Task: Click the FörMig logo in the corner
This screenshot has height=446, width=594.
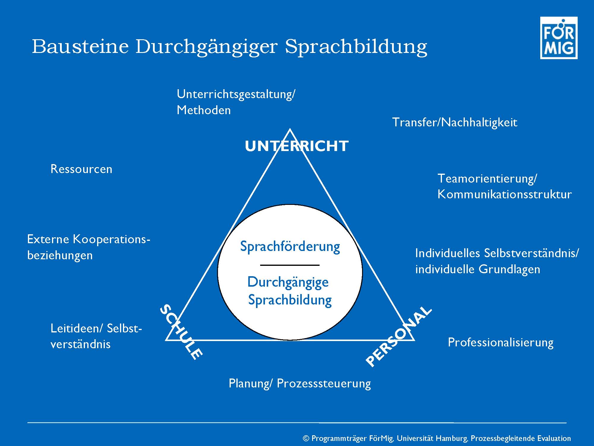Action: (x=559, y=38)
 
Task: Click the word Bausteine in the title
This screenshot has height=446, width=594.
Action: (x=80, y=46)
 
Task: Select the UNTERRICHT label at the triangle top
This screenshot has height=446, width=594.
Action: (x=297, y=146)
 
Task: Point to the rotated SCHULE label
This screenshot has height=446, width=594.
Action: (x=181, y=332)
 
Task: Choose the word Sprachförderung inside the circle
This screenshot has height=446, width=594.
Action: (x=290, y=247)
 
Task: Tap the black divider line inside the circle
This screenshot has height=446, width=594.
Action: (x=290, y=265)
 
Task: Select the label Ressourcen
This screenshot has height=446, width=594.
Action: (x=81, y=169)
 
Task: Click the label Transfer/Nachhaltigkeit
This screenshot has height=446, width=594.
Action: (x=455, y=123)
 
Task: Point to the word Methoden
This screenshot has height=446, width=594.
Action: (x=203, y=110)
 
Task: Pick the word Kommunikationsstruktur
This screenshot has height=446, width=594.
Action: (x=505, y=194)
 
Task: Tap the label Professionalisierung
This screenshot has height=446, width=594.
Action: (x=500, y=342)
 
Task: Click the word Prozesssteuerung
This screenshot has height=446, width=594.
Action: (x=324, y=384)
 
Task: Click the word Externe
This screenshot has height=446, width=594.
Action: (x=48, y=239)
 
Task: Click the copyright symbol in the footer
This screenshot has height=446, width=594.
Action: (x=306, y=438)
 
